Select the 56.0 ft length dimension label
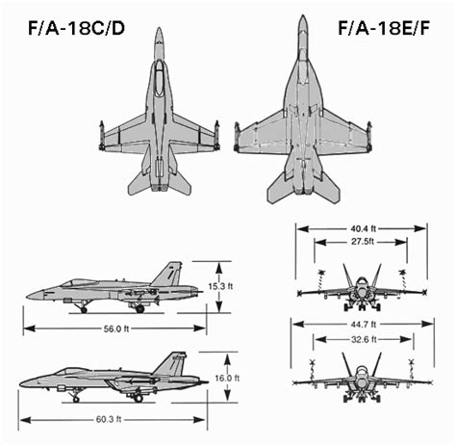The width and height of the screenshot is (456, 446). click(x=114, y=328)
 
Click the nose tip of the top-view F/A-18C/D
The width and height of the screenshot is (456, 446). click(x=160, y=30)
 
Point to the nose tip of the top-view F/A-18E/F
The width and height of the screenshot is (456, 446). click(x=302, y=17)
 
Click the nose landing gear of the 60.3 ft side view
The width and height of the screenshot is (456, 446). click(x=76, y=396)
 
